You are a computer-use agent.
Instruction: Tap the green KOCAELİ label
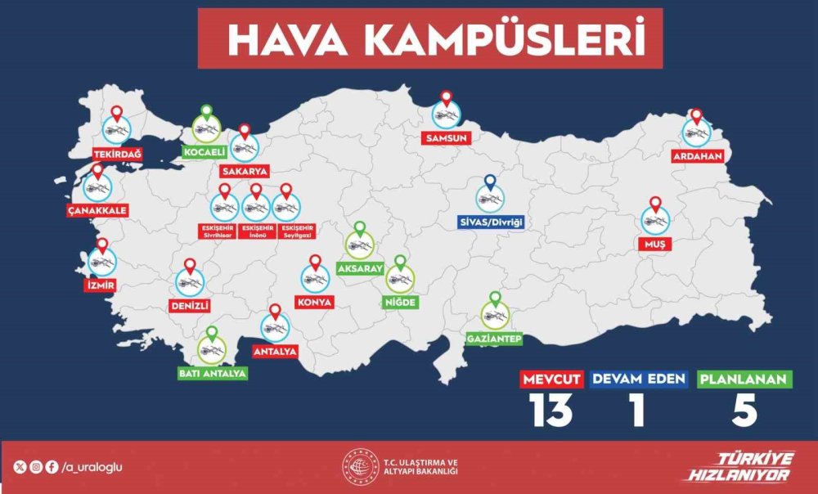click(x=204, y=151)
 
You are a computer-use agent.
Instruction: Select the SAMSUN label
click(x=447, y=138)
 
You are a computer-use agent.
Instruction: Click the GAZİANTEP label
click(x=493, y=338)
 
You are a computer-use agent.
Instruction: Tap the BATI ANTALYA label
click(x=212, y=373)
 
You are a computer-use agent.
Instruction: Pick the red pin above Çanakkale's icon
click(x=98, y=172)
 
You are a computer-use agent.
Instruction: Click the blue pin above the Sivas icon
click(x=490, y=182)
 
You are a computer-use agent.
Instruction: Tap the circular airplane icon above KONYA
click(x=315, y=279)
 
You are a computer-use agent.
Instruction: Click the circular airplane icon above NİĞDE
click(x=400, y=281)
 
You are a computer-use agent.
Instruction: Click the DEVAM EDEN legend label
click(x=638, y=379)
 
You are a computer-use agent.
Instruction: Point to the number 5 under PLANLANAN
click(x=744, y=411)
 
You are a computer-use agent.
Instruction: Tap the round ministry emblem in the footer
click(x=358, y=467)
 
